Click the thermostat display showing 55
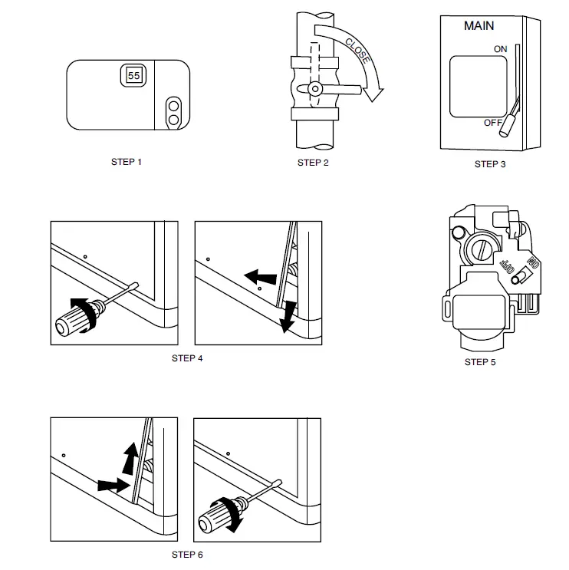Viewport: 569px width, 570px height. click(x=133, y=76)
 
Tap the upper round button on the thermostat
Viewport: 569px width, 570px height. click(x=174, y=104)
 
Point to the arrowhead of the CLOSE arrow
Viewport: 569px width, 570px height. click(x=373, y=94)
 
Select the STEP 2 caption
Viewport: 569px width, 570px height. click(x=313, y=163)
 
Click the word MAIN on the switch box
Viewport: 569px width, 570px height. click(x=479, y=25)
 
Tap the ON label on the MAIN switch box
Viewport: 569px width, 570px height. click(x=500, y=49)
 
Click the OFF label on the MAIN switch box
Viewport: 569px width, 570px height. click(x=492, y=123)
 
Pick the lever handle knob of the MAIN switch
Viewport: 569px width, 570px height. click(x=507, y=130)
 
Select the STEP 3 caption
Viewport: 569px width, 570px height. click(x=490, y=163)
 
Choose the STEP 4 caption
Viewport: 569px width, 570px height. click(x=187, y=358)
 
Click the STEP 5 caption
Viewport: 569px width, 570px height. click(x=480, y=362)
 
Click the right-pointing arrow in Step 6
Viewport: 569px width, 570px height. click(x=113, y=485)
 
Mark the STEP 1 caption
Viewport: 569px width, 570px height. click(x=127, y=162)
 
